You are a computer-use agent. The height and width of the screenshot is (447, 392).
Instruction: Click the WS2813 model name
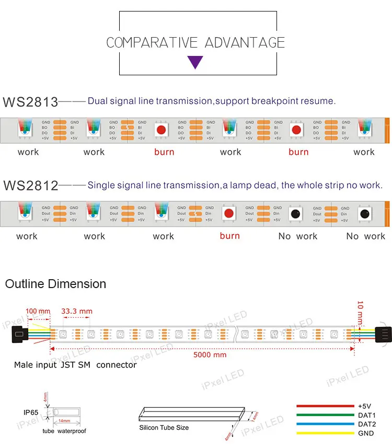pos(30,101)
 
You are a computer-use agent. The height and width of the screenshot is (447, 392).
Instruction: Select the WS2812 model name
pos(30,185)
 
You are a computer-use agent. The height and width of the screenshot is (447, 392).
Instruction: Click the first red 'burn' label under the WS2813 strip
pos(164,152)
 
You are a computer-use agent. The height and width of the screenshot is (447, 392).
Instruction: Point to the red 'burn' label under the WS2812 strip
pos(230,236)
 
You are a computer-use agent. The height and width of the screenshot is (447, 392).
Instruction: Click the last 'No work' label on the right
pos(366,236)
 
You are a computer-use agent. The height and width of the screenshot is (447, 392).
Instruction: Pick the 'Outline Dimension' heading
pos(55,284)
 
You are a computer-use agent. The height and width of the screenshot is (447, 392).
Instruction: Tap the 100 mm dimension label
pos(38,312)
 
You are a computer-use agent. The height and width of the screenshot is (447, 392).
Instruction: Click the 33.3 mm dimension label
pos(77,312)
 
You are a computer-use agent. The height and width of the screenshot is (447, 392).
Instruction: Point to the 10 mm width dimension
pos(360,311)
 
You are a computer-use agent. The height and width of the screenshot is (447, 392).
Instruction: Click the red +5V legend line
pos(325,406)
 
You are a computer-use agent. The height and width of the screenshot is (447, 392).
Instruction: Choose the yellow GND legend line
pos(325,433)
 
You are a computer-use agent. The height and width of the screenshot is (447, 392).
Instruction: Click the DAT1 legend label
pos(367,415)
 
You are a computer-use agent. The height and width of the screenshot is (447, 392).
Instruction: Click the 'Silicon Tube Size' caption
pos(164,428)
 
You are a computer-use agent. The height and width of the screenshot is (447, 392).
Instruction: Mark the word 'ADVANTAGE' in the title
pos(245,42)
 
